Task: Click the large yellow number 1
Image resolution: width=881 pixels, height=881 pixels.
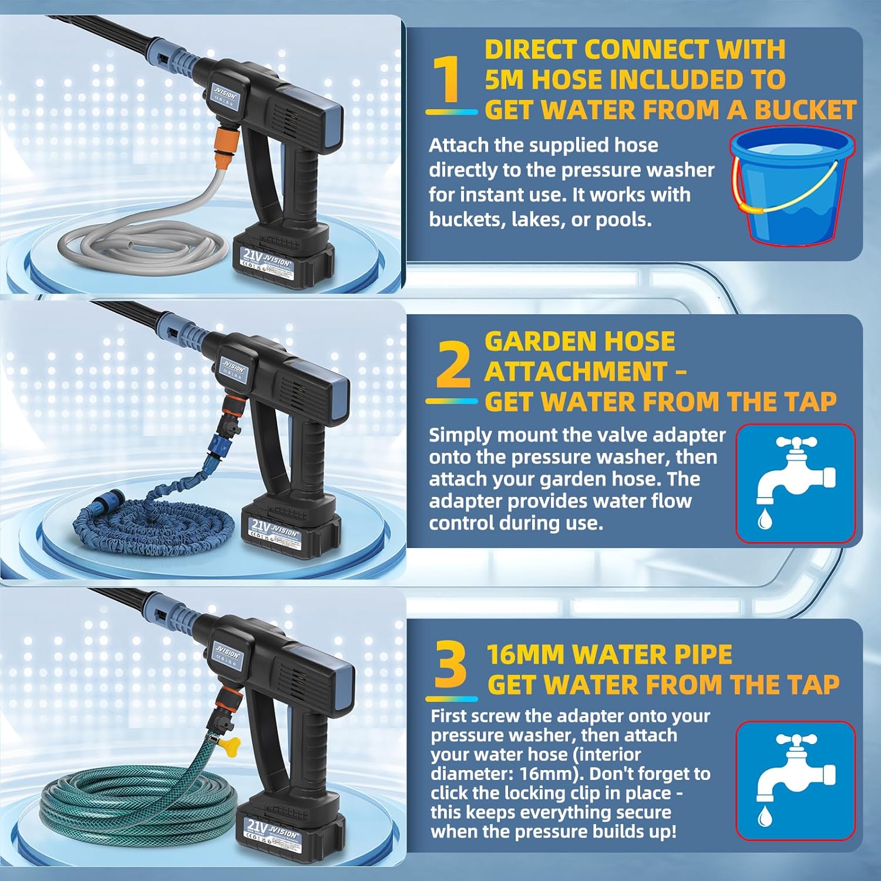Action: pyautogui.click(x=450, y=79)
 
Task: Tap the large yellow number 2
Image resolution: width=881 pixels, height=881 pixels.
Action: pyautogui.click(x=453, y=365)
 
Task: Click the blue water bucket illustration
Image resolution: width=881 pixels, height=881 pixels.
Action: pyautogui.click(x=792, y=187)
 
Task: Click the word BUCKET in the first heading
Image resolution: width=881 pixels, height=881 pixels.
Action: pyautogui.click(x=805, y=110)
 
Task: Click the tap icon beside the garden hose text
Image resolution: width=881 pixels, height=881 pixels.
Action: pyautogui.click(x=795, y=483)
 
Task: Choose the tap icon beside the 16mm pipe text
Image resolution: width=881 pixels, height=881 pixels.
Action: pyautogui.click(x=795, y=781)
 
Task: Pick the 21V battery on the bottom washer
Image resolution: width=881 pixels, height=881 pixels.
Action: pyautogui.click(x=288, y=828)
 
